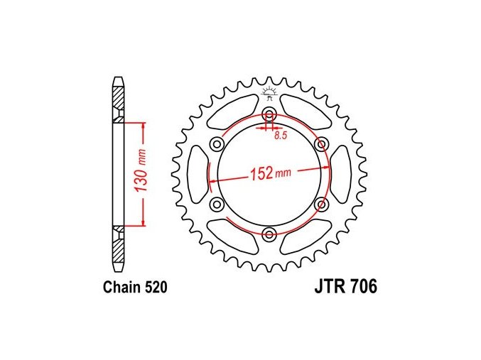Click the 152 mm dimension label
click(x=271, y=173)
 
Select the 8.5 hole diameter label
click(x=281, y=135)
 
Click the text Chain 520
click(x=135, y=287)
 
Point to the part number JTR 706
click(x=346, y=287)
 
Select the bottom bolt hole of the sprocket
click(x=269, y=234)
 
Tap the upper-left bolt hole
click(x=217, y=143)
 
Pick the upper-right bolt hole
click(x=321, y=143)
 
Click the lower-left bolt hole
click(x=217, y=204)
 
